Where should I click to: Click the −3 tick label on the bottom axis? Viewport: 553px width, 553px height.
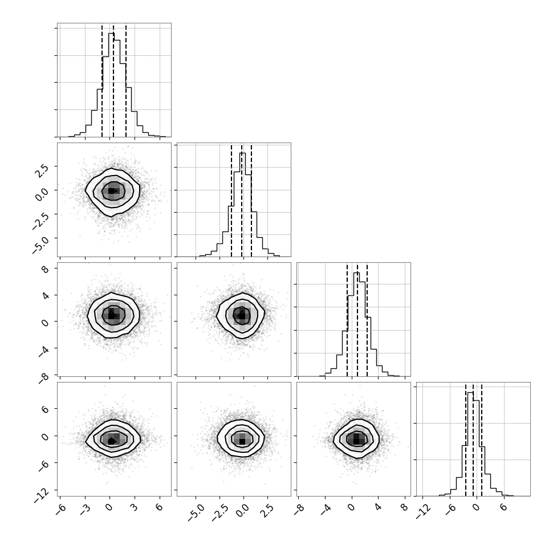84,509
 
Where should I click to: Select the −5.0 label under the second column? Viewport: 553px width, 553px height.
196,513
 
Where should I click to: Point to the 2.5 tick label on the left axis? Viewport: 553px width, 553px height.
41,170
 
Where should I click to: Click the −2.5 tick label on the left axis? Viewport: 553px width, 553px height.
39,221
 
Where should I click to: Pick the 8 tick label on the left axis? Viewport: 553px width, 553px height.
45,269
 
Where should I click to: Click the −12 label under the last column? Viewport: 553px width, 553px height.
424,511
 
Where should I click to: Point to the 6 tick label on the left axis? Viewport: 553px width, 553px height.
45,409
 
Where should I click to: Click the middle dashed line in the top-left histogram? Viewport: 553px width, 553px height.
113,80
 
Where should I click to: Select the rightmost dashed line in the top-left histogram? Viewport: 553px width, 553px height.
126,80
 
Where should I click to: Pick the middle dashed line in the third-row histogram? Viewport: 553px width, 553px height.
357,320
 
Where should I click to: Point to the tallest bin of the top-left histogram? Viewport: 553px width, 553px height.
111,84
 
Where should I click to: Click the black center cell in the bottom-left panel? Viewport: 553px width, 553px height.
111,441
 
